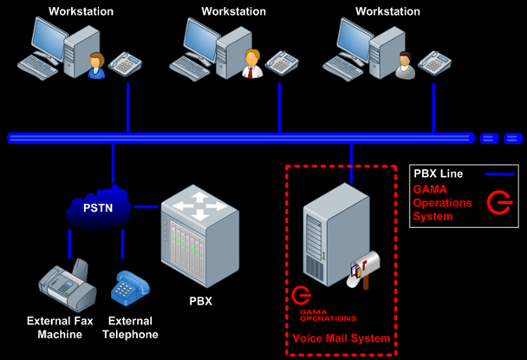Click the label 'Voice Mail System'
tap(341, 338)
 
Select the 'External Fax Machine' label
tap(60, 327)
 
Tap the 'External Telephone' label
tap(130, 327)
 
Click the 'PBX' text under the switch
tap(200, 303)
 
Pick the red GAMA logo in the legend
tap(498, 202)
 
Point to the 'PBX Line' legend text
tap(438, 173)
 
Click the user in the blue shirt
tap(96, 66)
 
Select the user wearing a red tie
tap(251, 64)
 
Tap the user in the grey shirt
tap(404, 65)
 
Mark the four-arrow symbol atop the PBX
tap(199, 206)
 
